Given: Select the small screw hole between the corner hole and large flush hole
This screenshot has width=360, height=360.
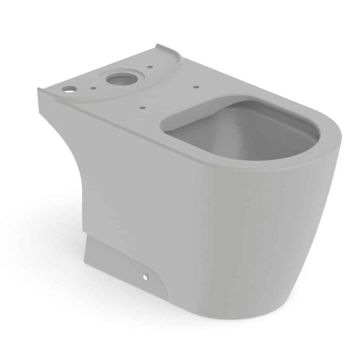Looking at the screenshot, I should coord(92,88).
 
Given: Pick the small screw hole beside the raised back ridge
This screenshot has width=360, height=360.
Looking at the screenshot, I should coord(149,67).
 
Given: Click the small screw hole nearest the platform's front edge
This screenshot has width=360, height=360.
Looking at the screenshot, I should coord(141,108).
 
